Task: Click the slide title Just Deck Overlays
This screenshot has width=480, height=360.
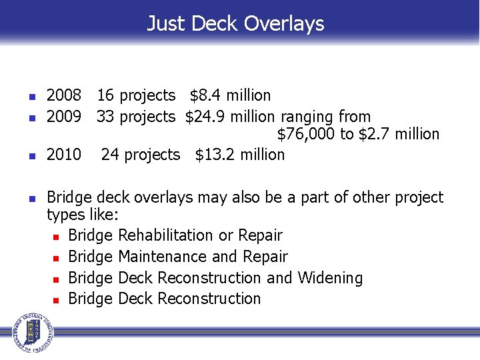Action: [x=235, y=24]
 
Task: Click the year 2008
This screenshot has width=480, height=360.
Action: [x=64, y=96]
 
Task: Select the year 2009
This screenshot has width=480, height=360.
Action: [x=64, y=117]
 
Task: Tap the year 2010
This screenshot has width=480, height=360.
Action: [x=64, y=155]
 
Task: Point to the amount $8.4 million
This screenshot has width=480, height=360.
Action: [x=230, y=96]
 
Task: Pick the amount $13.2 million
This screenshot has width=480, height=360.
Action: [x=239, y=155]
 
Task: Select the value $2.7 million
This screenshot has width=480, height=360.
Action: [x=399, y=135]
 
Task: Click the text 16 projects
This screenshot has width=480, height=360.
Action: [x=136, y=96]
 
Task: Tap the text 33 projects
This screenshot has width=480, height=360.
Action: [x=136, y=117]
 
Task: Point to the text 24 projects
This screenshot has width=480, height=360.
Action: [x=141, y=155]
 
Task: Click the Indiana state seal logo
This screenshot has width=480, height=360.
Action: [x=29, y=331]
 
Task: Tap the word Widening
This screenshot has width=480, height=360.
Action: [x=330, y=278]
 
